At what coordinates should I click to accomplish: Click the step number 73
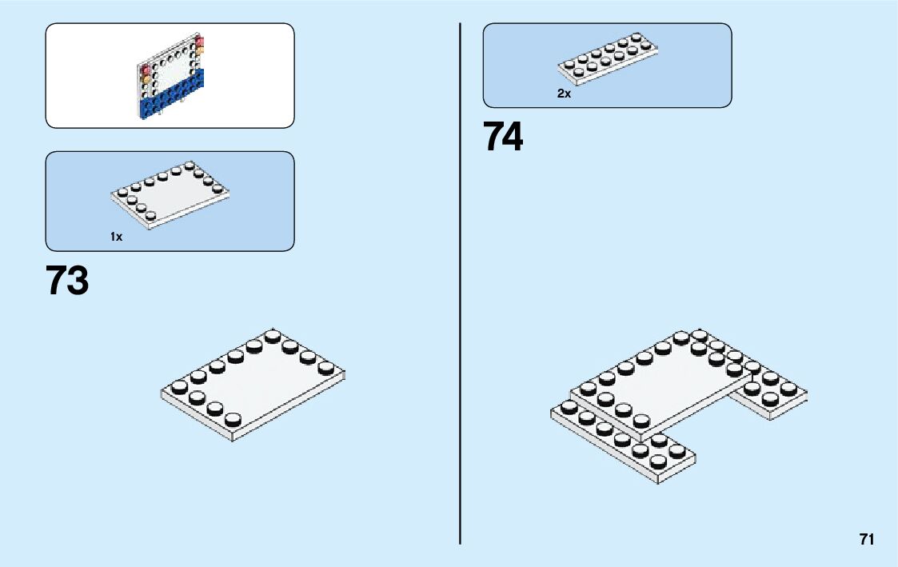click(x=67, y=282)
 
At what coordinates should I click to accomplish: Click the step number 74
click(x=503, y=138)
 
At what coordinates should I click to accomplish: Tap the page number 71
click(x=867, y=539)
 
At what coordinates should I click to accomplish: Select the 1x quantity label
click(x=117, y=237)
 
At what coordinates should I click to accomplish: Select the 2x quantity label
click(x=565, y=94)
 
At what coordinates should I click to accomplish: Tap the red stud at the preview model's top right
click(x=200, y=42)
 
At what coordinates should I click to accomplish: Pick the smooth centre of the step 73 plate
click(x=256, y=384)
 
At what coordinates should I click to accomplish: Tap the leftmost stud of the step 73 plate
click(x=179, y=388)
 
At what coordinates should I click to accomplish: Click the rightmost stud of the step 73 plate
click(x=326, y=368)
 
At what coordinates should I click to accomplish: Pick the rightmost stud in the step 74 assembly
click(x=789, y=389)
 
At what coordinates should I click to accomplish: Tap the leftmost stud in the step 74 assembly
click(x=569, y=407)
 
